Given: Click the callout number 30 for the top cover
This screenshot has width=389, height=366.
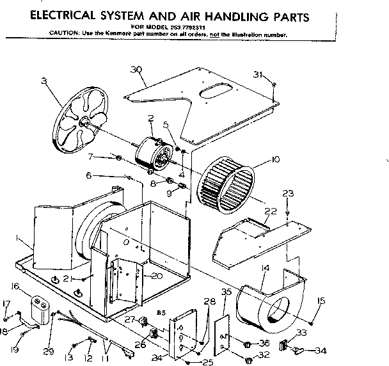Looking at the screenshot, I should pos(135,70).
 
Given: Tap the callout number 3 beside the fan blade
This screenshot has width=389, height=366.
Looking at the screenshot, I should pos(44,80).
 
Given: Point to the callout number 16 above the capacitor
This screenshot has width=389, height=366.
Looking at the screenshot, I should pos(15,286).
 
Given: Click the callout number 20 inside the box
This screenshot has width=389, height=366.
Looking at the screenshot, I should pos(157,276).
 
